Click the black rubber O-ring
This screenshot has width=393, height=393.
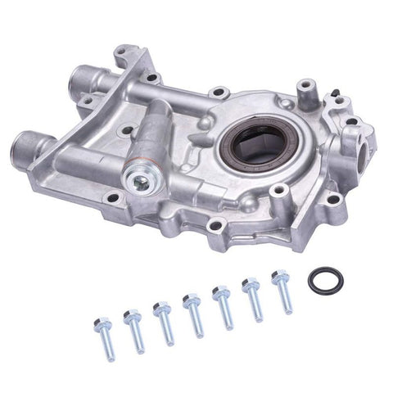pos(325,280)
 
